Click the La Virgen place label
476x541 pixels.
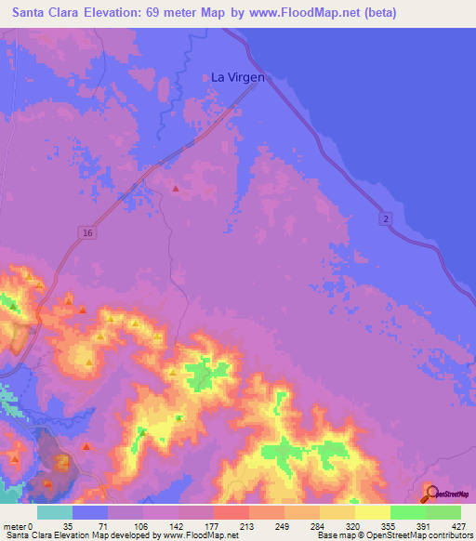point(238,78)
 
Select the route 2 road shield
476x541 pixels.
point(386,218)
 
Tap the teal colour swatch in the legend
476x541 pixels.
point(55,512)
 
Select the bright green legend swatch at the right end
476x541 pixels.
point(443,512)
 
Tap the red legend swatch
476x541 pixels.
point(231,512)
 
